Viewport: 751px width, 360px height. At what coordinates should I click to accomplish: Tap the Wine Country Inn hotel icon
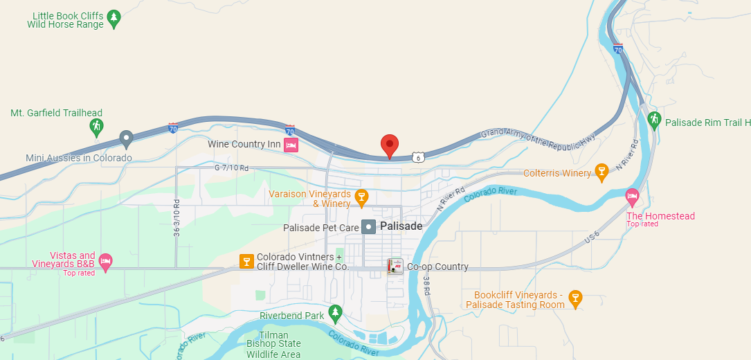pyautogui.click(x=291, y=145)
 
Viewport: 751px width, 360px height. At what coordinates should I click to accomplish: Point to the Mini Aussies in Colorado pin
pyautogui.click(x=126, y=138)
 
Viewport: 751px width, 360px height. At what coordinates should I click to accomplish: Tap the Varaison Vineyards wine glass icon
pyautogui.click(x=361, y=197)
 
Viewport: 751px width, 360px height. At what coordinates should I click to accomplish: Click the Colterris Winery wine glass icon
pyautogui.click(x=601, y=172)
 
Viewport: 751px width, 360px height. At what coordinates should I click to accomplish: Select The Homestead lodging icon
pyautogui.click(x=632, y=197)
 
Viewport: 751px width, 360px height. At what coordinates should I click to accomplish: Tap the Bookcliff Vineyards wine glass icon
pyautogui.click(x=574, y=298)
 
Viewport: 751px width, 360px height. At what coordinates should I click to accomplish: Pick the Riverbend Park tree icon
pyautogui.click(x=336, y=313)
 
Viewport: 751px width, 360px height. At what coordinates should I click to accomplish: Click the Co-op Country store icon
pyautogui.click(x=395, y=267)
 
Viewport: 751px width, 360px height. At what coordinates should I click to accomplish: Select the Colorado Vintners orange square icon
pyautogui.click(x=246, y=261)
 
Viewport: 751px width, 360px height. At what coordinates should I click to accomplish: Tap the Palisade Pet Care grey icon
pyautogui.click(x=369, y=226)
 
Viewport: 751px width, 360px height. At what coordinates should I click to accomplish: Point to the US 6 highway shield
pyautogui.click(x=416, y=158)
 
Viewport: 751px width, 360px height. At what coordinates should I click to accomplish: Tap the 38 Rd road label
pyautogui.click(x=426, y=285)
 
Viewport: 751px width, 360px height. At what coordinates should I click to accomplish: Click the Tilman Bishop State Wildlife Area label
pyautogui.click(x=273, y=345)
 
